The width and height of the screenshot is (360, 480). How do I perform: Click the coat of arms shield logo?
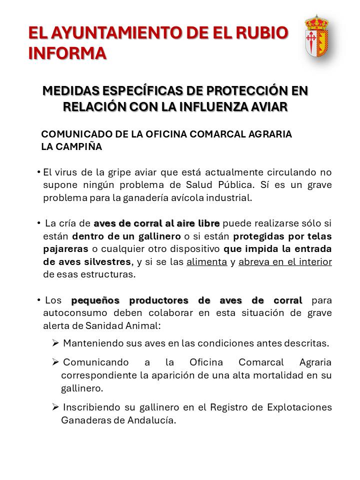[x=316, y=35]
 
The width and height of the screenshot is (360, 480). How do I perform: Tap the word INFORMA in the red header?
[x=67, y=53]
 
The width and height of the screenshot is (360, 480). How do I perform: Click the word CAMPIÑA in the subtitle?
[x=78, y=146]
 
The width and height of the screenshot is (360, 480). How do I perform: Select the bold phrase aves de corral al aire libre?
[x=156, y=223]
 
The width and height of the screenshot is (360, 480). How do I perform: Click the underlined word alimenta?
[x=206, y=262]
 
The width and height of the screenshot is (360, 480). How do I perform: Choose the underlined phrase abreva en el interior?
[x=285, y=262]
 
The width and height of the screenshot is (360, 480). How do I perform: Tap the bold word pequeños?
[x=95, y=300]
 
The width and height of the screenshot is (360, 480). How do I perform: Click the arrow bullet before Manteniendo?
[x=55, y=343]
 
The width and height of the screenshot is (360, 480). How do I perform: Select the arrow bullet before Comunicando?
[x=55, y=361]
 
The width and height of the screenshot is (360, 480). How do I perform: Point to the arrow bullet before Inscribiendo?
[x=55, y=407]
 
